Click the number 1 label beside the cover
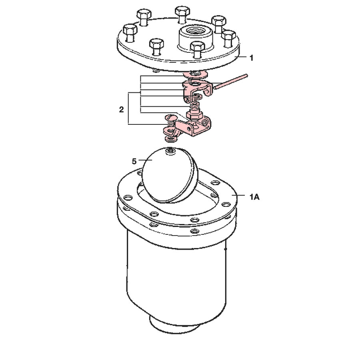251,58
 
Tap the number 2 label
121,109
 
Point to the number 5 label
135,161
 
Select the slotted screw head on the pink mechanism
171,118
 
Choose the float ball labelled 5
168,174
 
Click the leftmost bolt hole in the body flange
128,198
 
